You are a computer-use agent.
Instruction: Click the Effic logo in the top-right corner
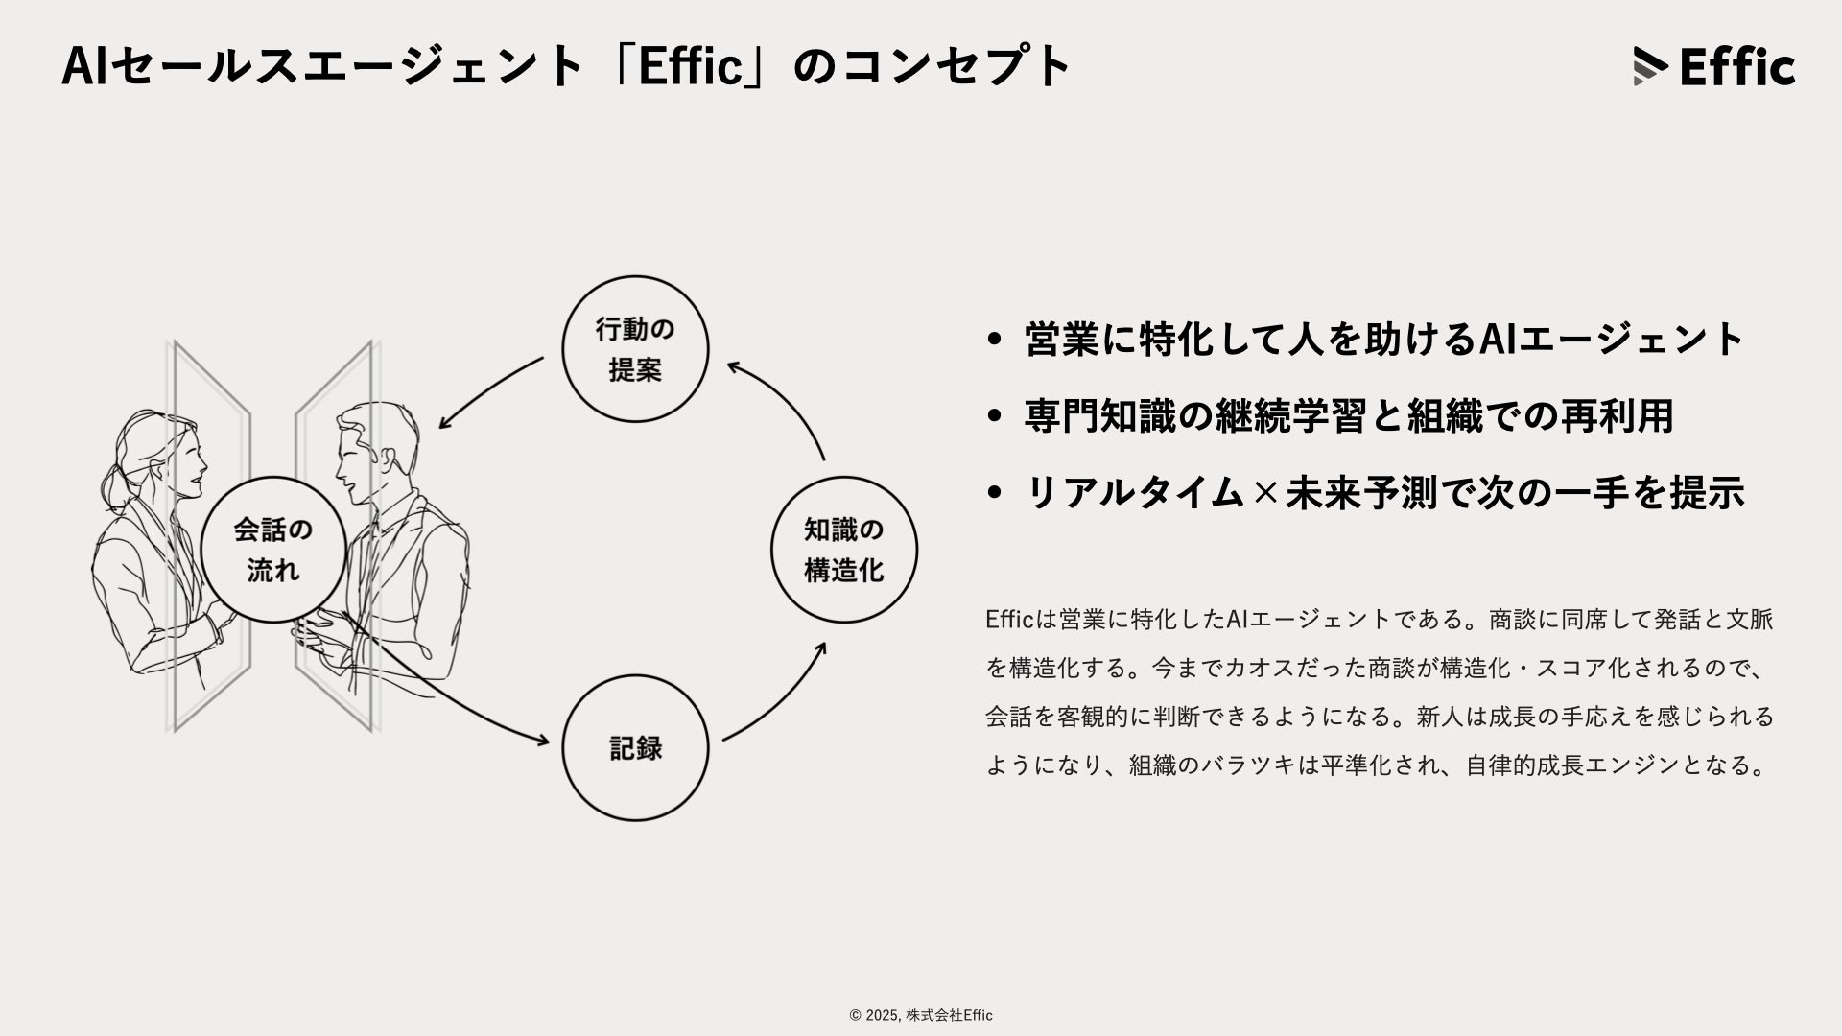pos(1713,66)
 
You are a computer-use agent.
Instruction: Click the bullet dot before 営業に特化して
pos(994,340)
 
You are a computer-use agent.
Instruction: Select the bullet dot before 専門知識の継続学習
pos(994,416)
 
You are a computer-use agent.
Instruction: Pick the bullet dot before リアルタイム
pos(994,493)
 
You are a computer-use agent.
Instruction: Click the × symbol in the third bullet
pos(1265,493)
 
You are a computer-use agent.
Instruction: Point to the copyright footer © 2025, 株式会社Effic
pos(921,1015)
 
